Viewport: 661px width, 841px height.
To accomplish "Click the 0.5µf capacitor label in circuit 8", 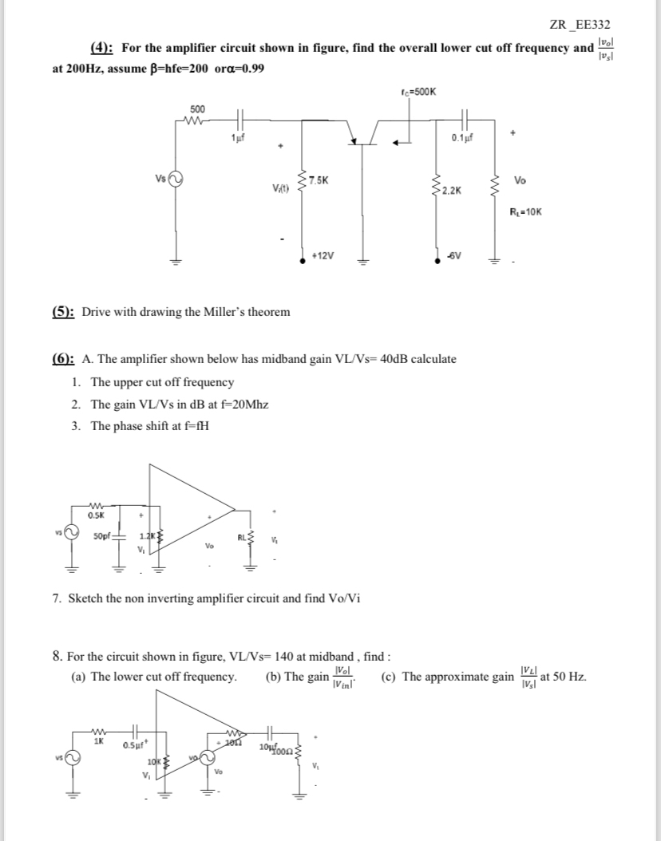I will coord(133,746).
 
